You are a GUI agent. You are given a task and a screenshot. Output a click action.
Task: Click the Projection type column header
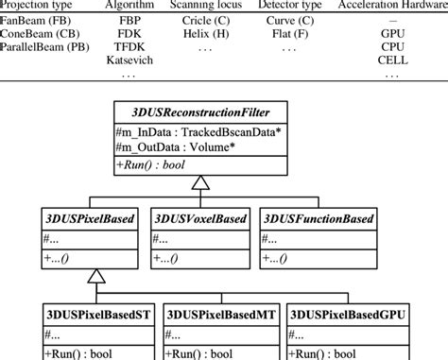point(37,4)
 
